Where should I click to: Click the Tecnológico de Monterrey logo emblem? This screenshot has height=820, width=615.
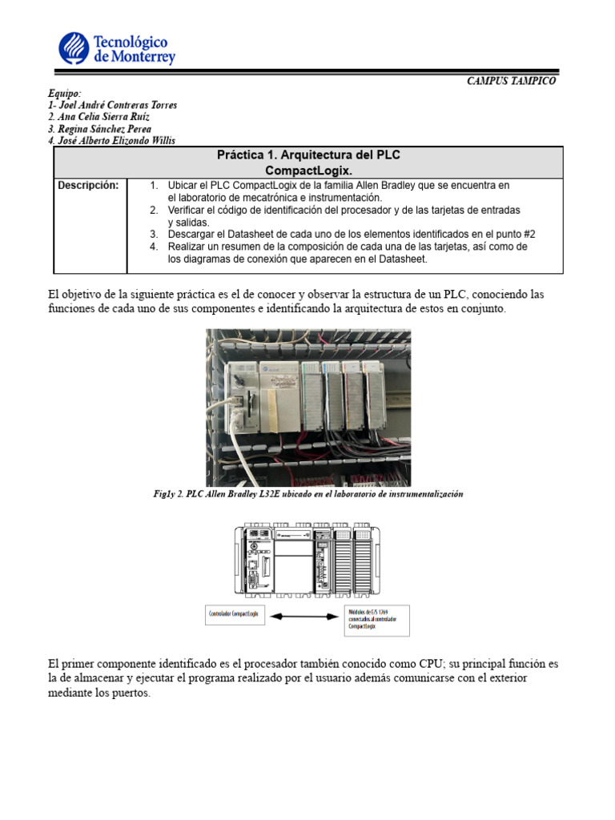(x=74, y=47)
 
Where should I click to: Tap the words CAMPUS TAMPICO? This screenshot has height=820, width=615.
(x=511, y=81)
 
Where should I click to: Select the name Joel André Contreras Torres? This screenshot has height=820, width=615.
(x=113, y=105)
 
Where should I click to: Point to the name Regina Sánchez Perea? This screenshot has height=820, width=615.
(x=99, y=128)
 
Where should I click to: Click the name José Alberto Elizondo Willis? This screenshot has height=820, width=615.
(x=111, y=140)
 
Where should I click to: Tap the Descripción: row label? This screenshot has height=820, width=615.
(x=88, y=186)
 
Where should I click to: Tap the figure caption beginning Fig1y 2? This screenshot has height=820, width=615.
(x=308, y=494)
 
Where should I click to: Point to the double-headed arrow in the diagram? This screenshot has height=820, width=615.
(x=307, y=616)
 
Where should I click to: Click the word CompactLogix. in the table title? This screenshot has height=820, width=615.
(x=308, y=171)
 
